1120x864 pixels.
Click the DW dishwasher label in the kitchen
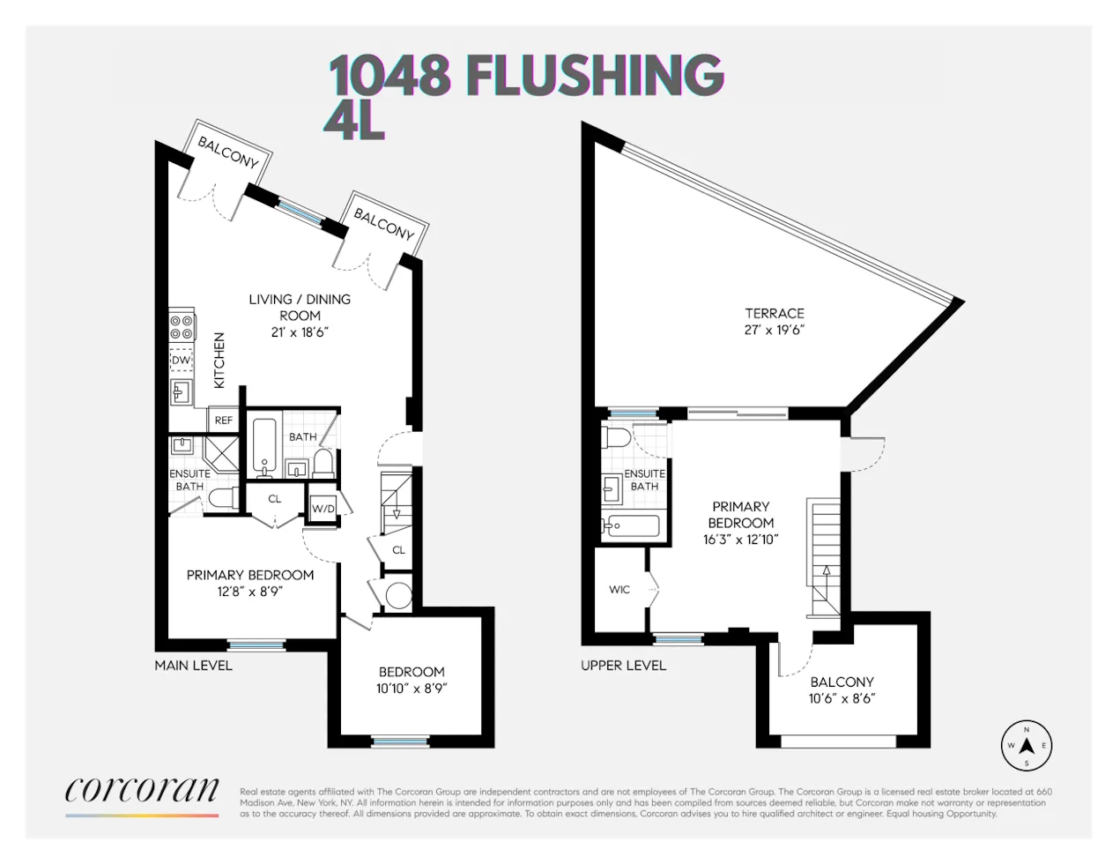[181, 361]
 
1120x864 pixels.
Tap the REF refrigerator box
[224, 421]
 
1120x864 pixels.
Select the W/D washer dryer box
[323, 509]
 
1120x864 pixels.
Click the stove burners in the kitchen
[182, 326]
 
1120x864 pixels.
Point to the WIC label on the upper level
[619, 590]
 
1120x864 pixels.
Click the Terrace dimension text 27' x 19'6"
[775, 330]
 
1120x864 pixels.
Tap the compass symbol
[1027, 746]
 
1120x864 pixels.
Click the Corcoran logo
[142, 791]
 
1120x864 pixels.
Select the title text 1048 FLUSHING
[526, 75]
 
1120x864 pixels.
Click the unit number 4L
[354, 123]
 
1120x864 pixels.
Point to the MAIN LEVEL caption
[193, 666]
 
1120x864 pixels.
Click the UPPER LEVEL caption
[623, 666]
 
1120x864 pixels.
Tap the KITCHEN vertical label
[219, 360]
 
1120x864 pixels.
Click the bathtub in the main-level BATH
[264, 448]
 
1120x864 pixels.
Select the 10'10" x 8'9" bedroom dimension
[412, 689]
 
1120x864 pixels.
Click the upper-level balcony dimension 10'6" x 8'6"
[842, 699]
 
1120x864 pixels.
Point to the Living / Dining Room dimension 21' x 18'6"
[300, 332]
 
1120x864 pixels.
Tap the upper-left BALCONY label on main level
[228, 153]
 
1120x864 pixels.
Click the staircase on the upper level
[826, 557]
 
